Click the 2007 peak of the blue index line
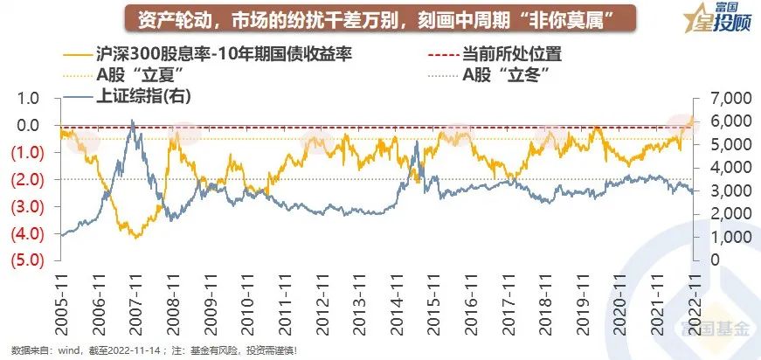pos(132,121)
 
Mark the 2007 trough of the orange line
pos(135,237)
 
